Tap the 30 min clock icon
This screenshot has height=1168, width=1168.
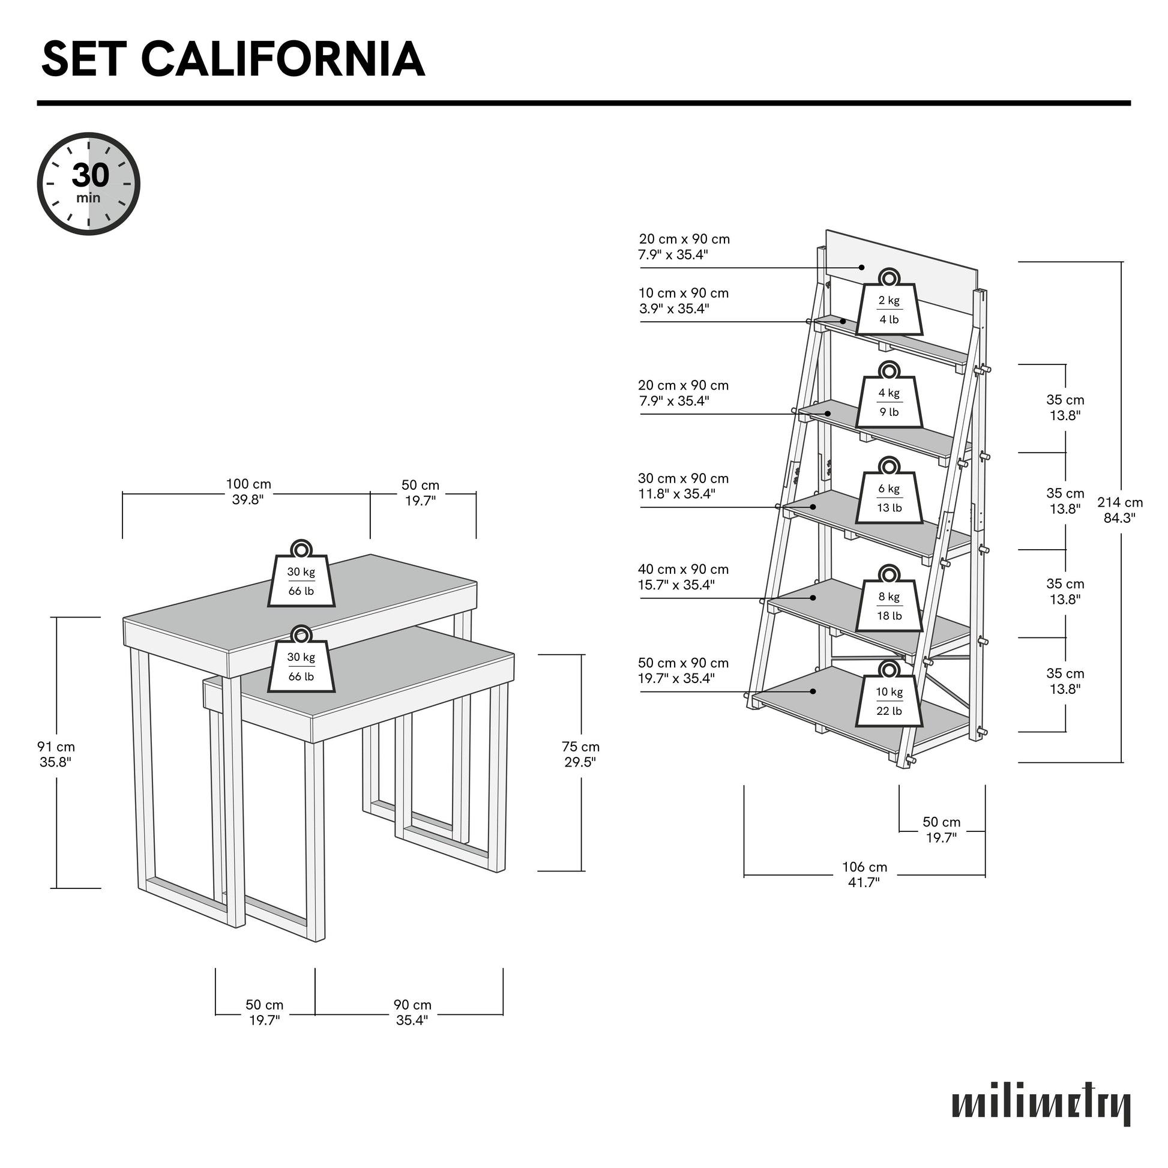coord(89,184)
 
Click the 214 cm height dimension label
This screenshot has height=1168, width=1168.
coord(1119,510)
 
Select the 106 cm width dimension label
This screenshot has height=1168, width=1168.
coord(864,874)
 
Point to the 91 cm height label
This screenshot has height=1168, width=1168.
coord(56,754)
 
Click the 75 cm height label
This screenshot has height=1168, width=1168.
coord(580,754)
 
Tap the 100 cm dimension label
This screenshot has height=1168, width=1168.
coord(248,492)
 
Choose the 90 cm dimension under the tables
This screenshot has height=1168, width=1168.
coord(412,1013)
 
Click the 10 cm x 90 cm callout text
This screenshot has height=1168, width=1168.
coord(683,301)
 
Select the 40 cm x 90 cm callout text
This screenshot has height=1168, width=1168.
coord(683,577)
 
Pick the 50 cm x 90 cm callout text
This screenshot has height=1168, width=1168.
coord(683,670)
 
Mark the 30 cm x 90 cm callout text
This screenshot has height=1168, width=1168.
coord(683,486)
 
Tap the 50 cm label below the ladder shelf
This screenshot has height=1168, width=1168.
coord(941,829)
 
